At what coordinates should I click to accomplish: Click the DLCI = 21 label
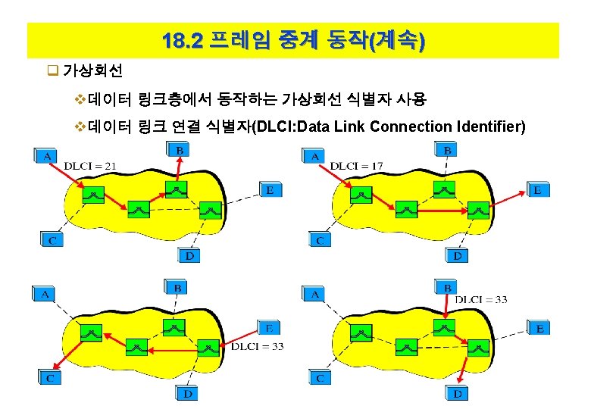89,166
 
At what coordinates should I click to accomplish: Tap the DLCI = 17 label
357,166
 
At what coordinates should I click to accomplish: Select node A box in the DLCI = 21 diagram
45,155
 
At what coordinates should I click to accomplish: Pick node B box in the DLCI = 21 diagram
179,151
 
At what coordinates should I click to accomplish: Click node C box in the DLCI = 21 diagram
52,240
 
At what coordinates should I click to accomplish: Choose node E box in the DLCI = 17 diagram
536,190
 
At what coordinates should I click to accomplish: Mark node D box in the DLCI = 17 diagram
457,256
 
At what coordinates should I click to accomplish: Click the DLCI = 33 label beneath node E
257,346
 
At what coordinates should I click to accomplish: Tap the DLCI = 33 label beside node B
482,299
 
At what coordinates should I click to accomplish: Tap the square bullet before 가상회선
52,72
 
